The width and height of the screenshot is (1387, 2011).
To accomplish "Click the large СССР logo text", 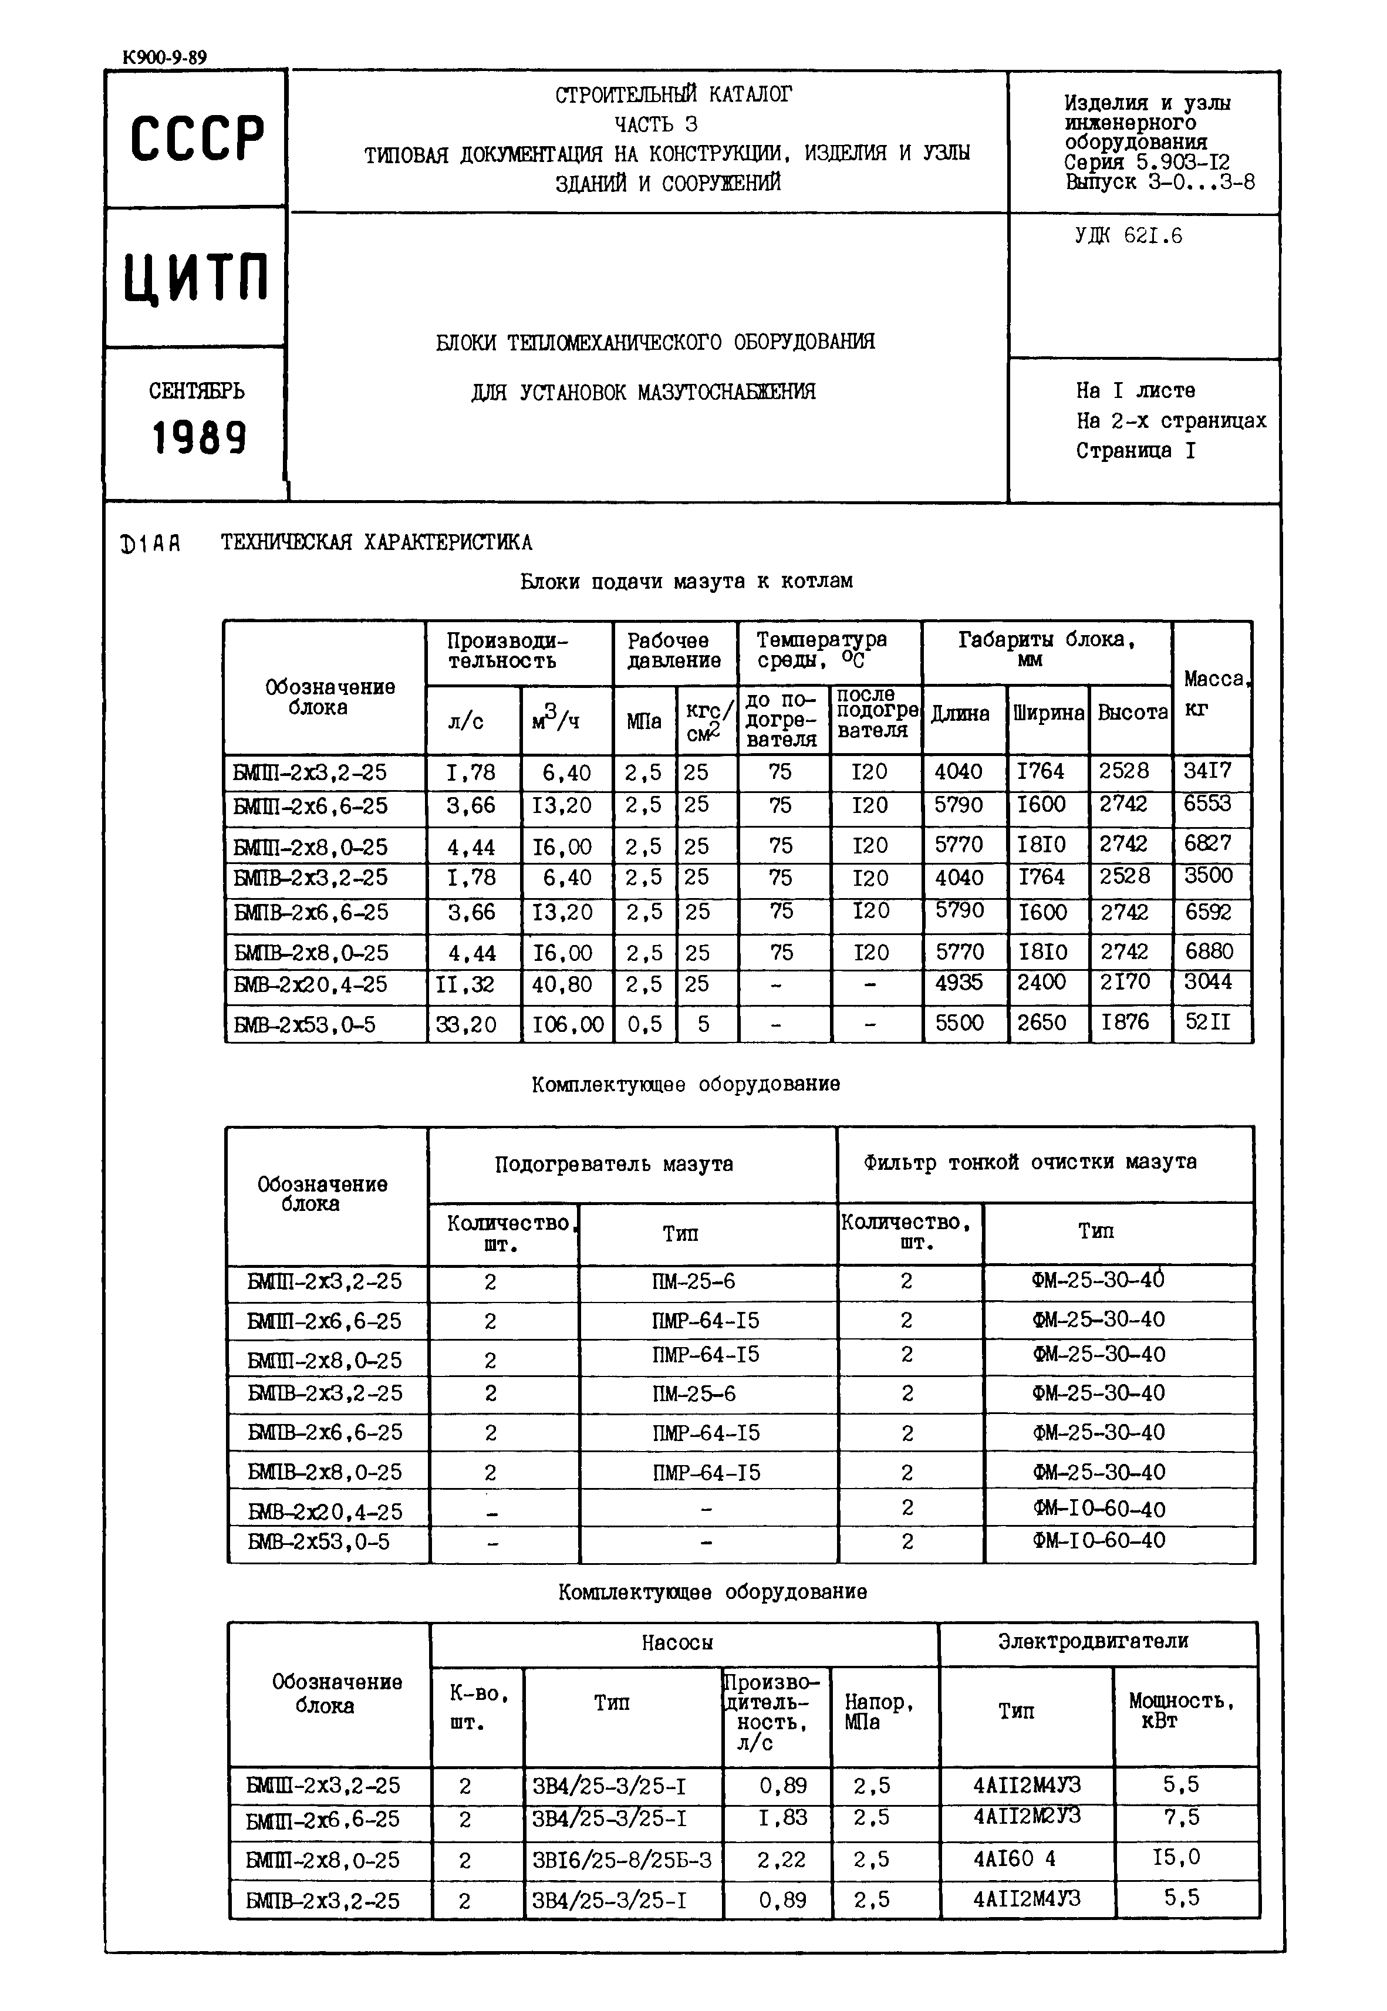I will point(197,139).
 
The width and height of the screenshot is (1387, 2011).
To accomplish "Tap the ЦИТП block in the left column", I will point(197,276).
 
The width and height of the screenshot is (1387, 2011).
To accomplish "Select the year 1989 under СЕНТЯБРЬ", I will point(199,437).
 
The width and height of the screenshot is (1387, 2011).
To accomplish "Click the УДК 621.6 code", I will point(1128,235).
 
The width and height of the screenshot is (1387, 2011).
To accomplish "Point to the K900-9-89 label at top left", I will point(165,58).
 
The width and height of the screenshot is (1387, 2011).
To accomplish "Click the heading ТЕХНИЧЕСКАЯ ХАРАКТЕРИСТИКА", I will point(376,542).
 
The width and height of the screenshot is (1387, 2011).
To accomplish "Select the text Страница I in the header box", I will point(1135,451).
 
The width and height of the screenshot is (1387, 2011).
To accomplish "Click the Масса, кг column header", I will point(1213,693).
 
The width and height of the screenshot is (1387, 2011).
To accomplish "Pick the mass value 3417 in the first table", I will point(1207,771).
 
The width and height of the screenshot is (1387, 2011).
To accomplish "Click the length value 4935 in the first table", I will point(960,983).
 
